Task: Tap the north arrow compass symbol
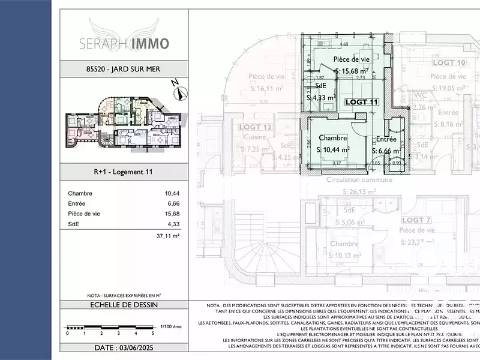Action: [x=179, y=92]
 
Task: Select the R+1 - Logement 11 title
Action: [x=124, y=172]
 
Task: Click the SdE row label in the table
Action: [x=73, y=224]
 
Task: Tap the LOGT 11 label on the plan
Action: [x=362, y=102]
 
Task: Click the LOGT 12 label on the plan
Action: [x=256, y=127]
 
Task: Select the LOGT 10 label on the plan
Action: [x=449, y=62]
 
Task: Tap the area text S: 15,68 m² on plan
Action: [x=352, y=71]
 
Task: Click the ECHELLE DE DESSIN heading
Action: [x=124, y=305]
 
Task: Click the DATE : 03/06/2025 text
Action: [x=124, y=347]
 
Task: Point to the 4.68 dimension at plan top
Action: [x=344, y=44]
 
